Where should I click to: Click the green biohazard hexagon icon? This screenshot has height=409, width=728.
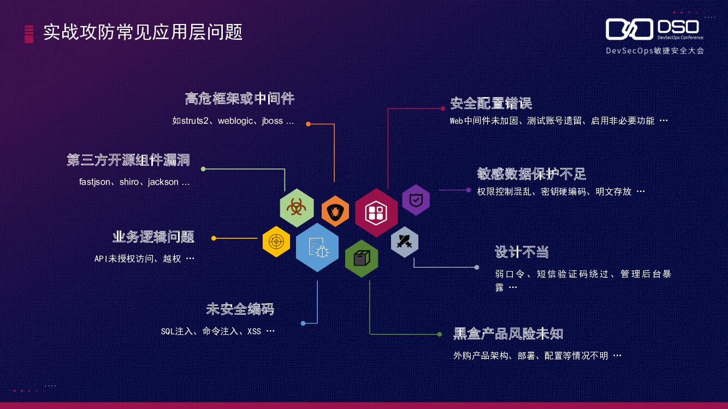pyautogui.click(x=297, y=207)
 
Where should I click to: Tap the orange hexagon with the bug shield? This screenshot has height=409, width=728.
pyautogui.click(x=335, y=211)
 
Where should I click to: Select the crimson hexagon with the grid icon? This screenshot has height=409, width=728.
pyautogui.click(x=376, y=213)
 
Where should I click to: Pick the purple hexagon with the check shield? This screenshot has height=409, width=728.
pyautogui.click(x=416, y=200)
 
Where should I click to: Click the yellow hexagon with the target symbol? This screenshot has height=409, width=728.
pyautogui.click(x=276, y=242)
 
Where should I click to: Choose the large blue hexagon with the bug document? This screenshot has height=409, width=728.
pyautogui.click(x=317, y=247)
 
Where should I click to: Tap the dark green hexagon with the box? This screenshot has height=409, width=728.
pyautogui.click(x=361, y=258)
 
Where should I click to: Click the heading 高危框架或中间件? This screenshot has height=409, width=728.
pyautogui.click(x=240, y=99)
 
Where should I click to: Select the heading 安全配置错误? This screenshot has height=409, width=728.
pyautogui.click(x=491, y=103)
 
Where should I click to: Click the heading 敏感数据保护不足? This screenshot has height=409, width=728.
pyautogui.click(x=531, y=174)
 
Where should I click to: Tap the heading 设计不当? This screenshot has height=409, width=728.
pyautogui.click(x=522, y=252)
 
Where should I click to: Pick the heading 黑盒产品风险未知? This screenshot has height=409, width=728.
pyautogui.click(x=508, y=333)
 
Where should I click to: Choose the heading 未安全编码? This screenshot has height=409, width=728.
pyautogui.click(x=240, y=309)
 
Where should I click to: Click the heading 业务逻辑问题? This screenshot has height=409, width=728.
pyautogui.click(x=153, y=237)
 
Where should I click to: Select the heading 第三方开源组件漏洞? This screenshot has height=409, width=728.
pyautogui.click(x=128, y=160)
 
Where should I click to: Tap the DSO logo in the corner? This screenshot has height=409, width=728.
pyautogui.click(x=654, y=31)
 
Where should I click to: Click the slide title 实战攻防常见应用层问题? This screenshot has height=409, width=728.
pyautogui.click(x=143, y=32)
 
